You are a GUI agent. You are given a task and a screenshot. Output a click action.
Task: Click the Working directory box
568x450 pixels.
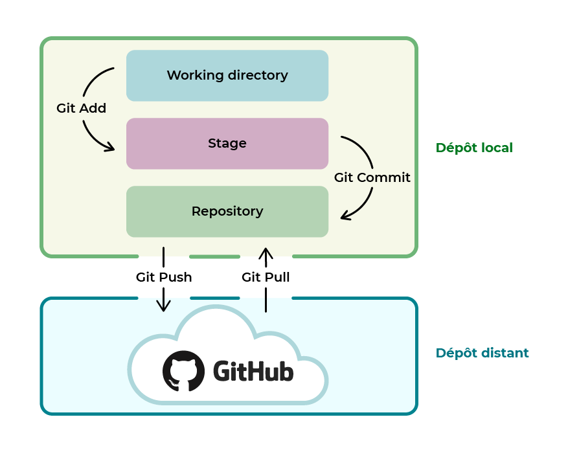227,76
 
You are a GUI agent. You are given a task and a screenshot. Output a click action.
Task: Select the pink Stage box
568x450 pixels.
227,144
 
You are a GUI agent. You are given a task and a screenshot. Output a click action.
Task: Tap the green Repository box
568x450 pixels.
227,212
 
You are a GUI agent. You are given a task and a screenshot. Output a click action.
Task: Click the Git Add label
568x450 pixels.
81,109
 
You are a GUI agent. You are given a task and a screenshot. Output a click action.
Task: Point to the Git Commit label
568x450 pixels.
372,177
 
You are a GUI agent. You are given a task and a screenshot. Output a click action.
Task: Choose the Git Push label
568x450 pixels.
164,277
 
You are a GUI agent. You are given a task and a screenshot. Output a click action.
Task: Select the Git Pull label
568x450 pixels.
266,277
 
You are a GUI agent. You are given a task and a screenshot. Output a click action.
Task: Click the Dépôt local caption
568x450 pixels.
474,148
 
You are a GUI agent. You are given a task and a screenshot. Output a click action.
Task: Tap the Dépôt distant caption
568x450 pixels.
482,353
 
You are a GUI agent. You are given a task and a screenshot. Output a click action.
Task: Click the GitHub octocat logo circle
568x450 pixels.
183,371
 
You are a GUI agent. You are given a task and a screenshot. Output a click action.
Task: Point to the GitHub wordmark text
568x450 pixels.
253,372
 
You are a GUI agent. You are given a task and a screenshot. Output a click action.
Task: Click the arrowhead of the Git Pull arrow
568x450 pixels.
266,252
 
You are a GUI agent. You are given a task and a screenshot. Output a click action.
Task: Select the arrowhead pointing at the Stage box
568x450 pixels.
109,148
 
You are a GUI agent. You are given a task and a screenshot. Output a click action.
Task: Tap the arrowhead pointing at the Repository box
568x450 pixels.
346,216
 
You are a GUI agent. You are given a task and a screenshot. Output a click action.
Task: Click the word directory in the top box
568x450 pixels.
258,76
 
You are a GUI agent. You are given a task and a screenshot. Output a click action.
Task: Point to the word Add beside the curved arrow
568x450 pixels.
93,109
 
